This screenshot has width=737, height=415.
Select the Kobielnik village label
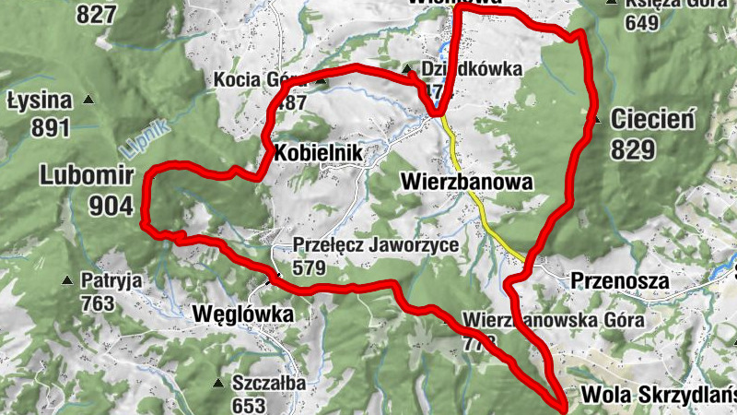pyautogui.click(x=315, y=151)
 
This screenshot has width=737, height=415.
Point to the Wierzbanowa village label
pyautogui.click(x=467, y=182)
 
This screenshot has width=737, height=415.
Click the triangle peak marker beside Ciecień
pyautogui.click(x=596, y=120)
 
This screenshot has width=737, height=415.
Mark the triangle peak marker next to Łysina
pyautogui.click(x=89, y=100)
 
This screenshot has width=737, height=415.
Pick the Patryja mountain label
pyautogui.click(x=111, y=279)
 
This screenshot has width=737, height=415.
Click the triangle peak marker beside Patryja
pyautogui.click(x=66, y=280)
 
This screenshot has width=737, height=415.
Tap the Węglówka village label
pyautogui.click(x=244, y=314)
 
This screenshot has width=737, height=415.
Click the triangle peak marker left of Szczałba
pyautogui.click(x=218, y=384)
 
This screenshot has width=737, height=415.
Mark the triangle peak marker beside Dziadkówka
pyautogui.click(x=406, y=69)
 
